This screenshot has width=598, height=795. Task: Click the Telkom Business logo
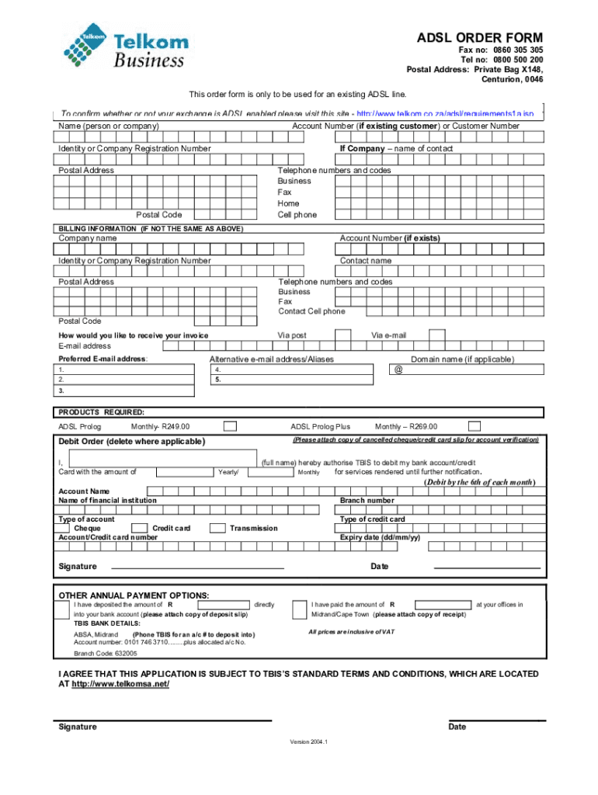pos(125,46)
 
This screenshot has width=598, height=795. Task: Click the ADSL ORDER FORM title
pos(480,38)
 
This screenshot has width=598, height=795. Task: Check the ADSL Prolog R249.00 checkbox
pos(230,426)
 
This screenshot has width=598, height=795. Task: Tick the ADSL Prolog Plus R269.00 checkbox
pos(475,426)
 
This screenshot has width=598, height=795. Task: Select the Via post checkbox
pos(342,335)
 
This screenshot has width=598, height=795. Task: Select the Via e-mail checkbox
pos(436,335)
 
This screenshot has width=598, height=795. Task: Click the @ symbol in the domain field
pos(398,370)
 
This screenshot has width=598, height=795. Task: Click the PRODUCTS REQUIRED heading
pos(102,411)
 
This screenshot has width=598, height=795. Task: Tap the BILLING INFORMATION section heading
pos(151,229)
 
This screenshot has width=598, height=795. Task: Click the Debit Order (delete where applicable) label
pos(132,442)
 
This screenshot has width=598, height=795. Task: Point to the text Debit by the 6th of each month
pos(479,482)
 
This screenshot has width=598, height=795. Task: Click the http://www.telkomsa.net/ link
pos(120,685)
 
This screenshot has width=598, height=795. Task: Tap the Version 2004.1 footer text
pos(309,741)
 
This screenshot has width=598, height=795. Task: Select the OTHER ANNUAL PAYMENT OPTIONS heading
pos(134,595)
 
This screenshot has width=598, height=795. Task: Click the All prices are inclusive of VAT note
pos(352,632)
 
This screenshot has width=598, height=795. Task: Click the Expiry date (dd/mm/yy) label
pos(381,537)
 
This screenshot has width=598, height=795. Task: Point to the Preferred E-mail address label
pos(103,359)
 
